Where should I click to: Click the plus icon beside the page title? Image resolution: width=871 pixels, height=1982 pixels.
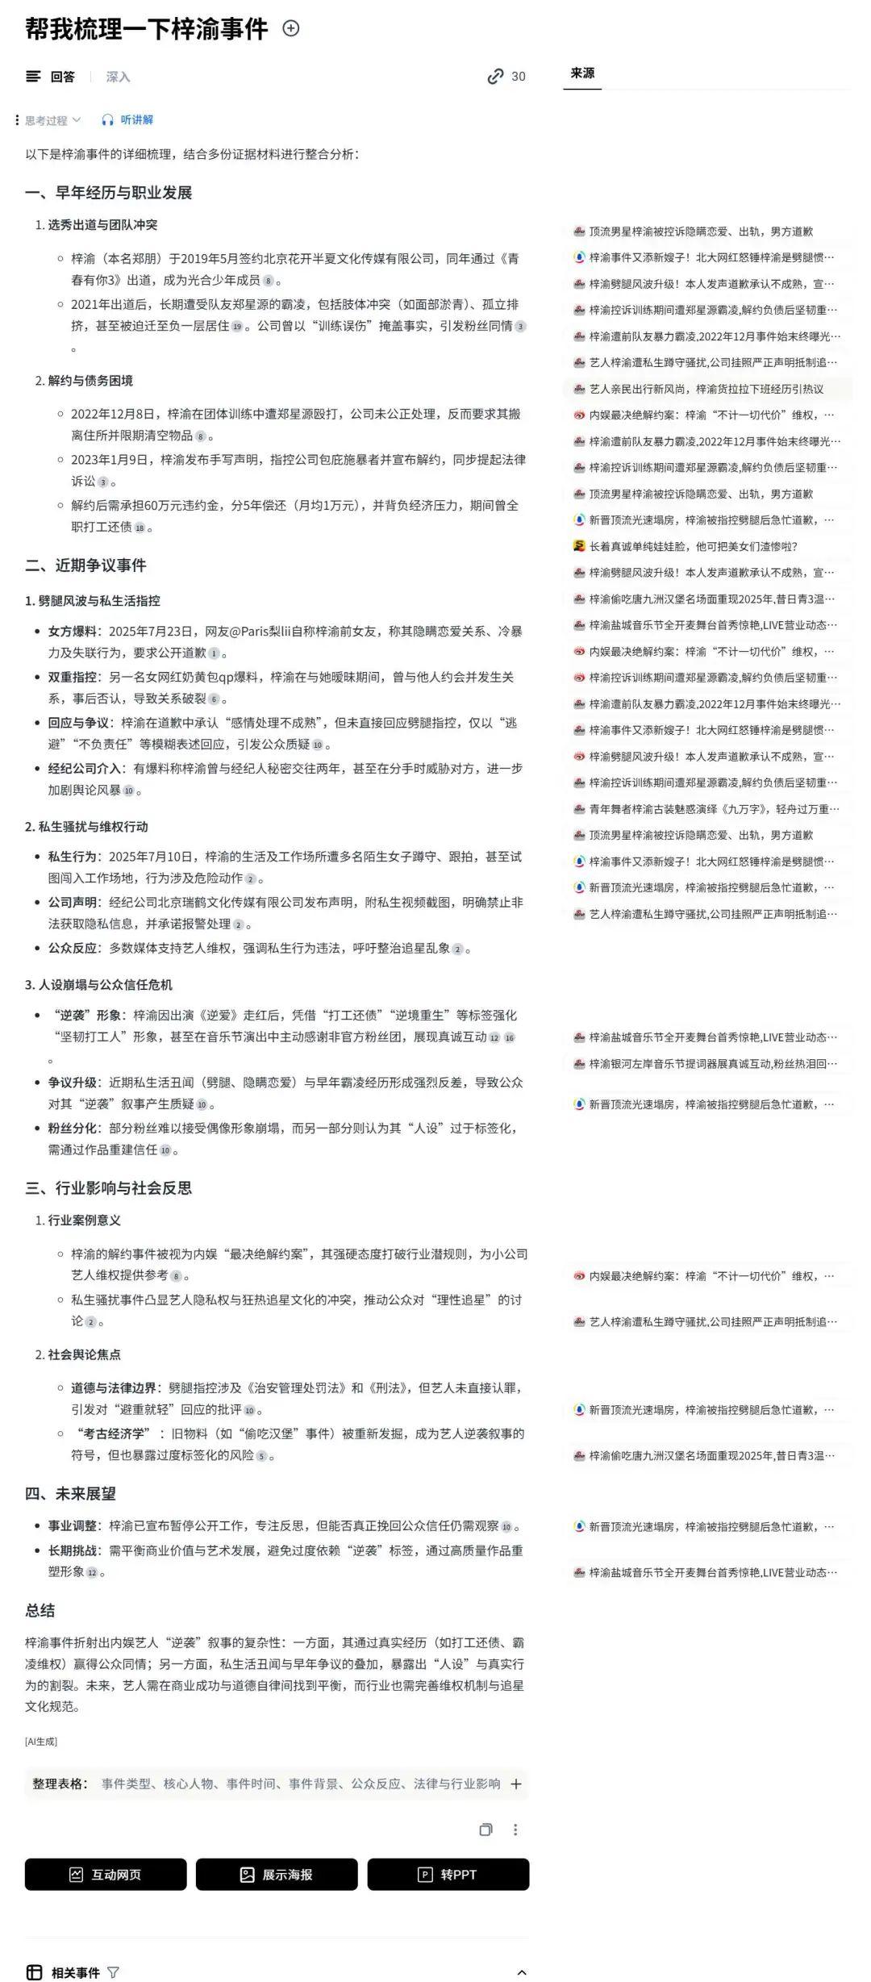coord(291,29)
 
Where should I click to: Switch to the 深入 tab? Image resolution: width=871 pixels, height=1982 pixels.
coord(118,77)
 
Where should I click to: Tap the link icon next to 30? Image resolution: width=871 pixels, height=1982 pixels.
coord(495,77)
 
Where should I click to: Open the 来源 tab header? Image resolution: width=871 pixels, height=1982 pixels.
coord(582,73)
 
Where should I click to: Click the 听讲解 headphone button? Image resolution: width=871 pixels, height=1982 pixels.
coord(127,120)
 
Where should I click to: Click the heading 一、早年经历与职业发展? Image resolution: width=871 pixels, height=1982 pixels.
coord(109,193)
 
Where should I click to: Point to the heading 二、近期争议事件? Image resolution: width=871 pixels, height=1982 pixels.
coord(85,565)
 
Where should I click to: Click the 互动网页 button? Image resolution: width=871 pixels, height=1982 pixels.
coord(106,1874)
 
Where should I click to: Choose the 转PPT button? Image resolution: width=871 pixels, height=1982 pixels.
coord(448,1874)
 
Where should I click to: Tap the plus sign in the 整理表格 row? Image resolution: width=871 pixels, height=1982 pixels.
coord(516,1784)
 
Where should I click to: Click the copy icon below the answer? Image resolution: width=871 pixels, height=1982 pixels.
coord(486,1830)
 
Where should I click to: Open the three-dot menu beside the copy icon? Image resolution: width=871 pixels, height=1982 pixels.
coord(515,1830)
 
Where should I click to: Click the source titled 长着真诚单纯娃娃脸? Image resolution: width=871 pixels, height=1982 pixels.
coord(693,546)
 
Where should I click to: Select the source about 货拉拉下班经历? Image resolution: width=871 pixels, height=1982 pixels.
coord(706,389)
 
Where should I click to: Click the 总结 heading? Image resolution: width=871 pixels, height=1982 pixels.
coord(40,1611)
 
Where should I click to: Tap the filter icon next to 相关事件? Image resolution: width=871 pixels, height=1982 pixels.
coord(113,1972)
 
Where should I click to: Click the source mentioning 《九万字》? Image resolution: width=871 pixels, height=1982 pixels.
coord(713,808)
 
